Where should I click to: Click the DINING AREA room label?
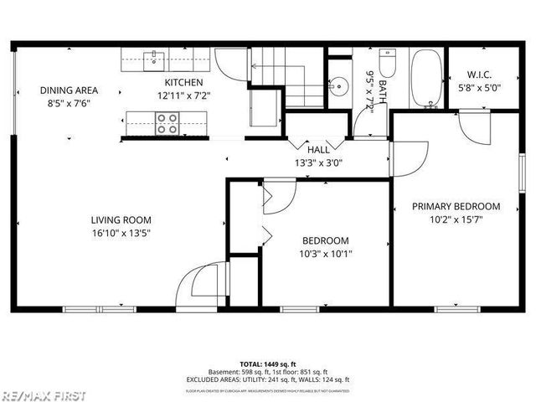coord(69,90)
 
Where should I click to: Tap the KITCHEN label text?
coord(183,82)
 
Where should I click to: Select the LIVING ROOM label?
coord(121,220)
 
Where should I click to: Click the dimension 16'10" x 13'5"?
coord(121,234)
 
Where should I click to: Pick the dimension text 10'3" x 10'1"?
coord(326,254)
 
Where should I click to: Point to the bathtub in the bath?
coord(426,79)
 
